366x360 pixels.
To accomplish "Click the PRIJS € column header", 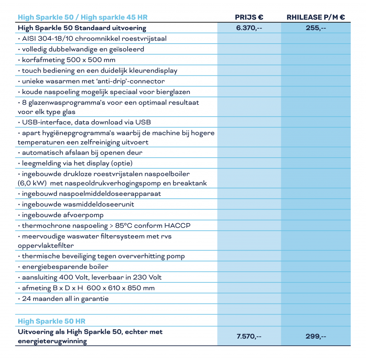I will click(x=249, y=18).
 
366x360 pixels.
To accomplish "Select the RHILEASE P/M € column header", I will click(x=316, y=18).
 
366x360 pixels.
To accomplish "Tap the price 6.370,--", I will click(x=249, y=28).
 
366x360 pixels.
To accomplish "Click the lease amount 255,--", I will click(x=316, y=28).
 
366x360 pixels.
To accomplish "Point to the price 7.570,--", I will click(x=249, y=336).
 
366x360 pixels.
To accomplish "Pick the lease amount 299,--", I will click(x=316, y=336).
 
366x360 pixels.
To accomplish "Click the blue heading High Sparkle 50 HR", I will click(x=51, y=321).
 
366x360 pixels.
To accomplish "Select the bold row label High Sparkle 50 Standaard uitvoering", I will click(x=82, y=28).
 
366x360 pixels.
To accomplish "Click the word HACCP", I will click(x=178, y=226).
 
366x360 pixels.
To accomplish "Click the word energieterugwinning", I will click(x=52, y=341).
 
